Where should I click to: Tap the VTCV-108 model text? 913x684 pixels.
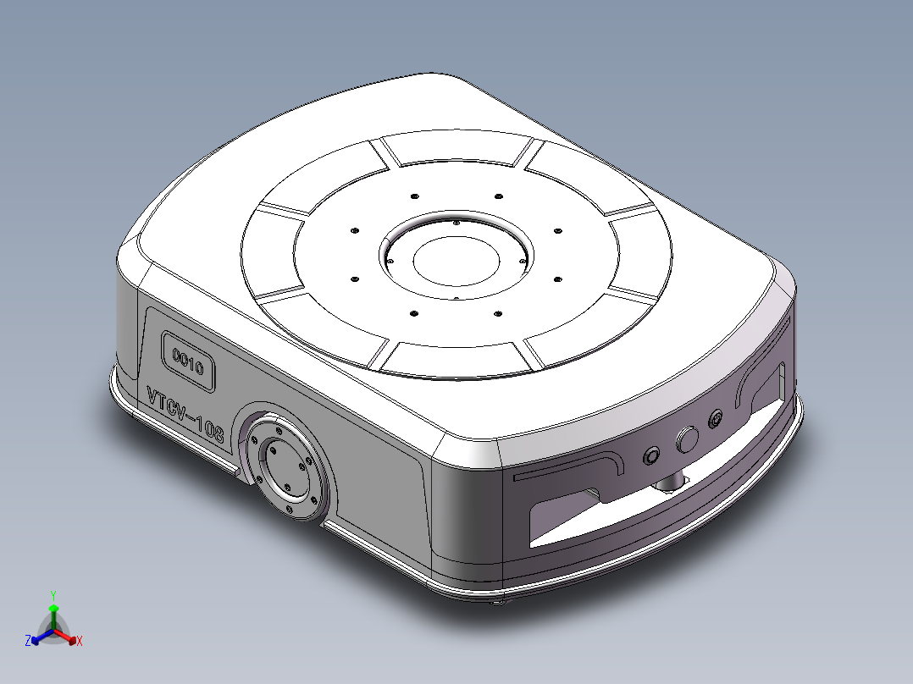[185, 416]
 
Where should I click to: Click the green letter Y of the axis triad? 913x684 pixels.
[53, 595]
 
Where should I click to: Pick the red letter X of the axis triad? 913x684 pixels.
[79, 642]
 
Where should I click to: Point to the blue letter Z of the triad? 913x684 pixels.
[27, 642]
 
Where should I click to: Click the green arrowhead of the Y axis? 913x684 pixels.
[53, 609]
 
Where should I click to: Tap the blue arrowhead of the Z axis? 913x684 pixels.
[35, 639]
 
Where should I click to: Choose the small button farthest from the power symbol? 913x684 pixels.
[651, 455]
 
